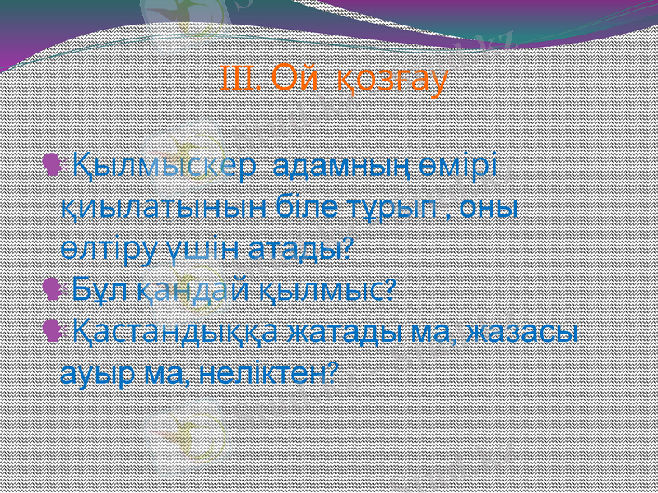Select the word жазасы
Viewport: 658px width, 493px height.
pos(521,333)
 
